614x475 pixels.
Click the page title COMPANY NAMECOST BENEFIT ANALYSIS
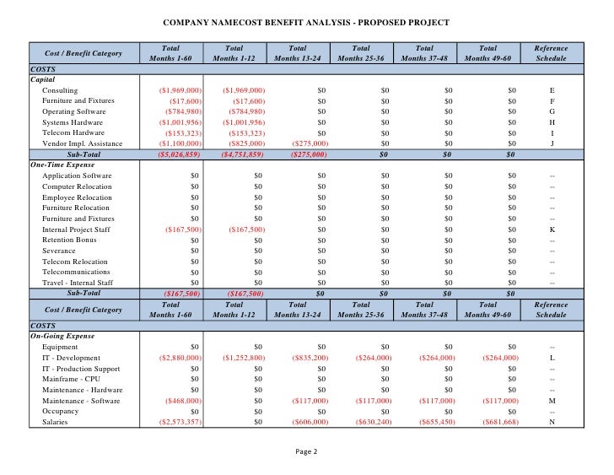[x=305, y=22]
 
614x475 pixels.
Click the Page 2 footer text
[x=306, y=452]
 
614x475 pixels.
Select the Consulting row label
[x=59, y=90]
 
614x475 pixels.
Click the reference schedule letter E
[x=552, y=90]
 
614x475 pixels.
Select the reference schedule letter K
[x=552, y=229]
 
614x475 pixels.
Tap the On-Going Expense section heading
[x=62, y=336]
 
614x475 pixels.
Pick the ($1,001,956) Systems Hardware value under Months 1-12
[x=243, y=122]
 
